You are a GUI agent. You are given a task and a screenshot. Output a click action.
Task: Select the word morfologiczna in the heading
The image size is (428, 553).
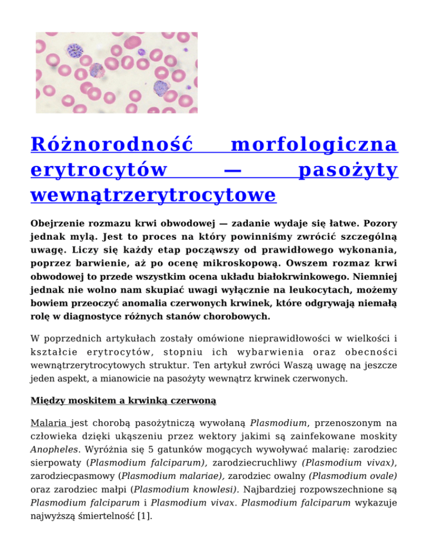314,146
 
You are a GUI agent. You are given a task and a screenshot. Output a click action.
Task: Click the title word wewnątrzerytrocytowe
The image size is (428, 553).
154,195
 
